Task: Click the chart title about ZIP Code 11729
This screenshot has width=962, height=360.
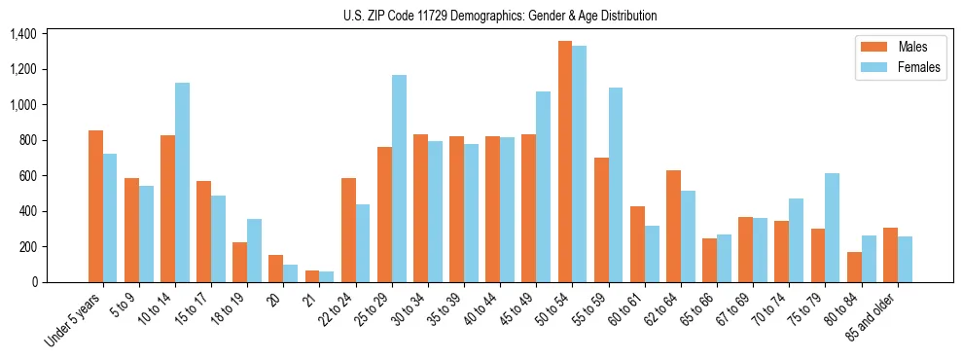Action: pos(500,16)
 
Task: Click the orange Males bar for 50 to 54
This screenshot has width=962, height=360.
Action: pos(564,162)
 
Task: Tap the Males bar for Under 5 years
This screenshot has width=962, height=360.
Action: pos(95,206)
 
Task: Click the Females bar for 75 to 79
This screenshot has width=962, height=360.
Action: pos(832,228)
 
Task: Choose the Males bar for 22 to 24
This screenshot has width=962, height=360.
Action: pos(348,230)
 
